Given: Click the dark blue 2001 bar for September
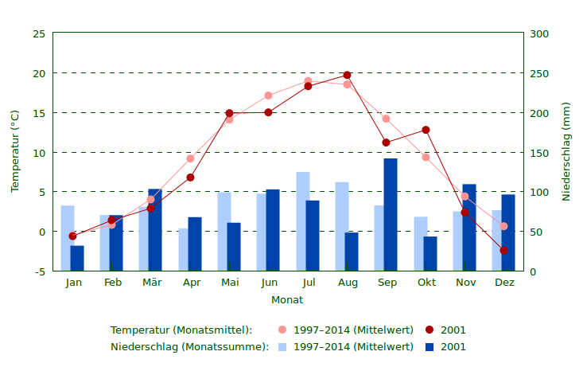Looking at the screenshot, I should click(x=391, y=215).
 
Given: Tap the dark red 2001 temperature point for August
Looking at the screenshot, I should click(x=347, y=75).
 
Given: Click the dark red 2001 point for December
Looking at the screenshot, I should click(x=503, y=251).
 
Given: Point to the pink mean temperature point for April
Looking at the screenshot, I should click(x=190, y=158).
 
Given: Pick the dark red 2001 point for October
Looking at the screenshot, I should click(x=426, y=130).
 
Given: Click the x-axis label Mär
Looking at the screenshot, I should click(x=151, y=283).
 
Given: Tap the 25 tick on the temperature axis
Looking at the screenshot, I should click(x=39, y=33).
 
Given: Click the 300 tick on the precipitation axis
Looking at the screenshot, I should click(x=539, y=33).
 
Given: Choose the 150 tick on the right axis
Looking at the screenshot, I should click(x=539, y=153).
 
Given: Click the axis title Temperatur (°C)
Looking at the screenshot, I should click(x=15, y=151).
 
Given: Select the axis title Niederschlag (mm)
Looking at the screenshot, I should click(x=566, y=151).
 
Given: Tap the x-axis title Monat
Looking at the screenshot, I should click(x=287, y=300).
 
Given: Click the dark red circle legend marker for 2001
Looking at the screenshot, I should click(x=429, y=330).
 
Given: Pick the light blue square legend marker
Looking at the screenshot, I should click(x=282, y=347).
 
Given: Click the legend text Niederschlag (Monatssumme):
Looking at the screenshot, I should click(x=189, y=347).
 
